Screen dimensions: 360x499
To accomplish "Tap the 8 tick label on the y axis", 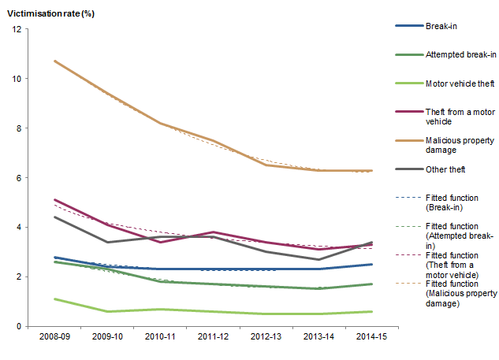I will click(20, 128).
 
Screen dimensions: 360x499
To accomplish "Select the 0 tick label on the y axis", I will click(20, 326).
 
